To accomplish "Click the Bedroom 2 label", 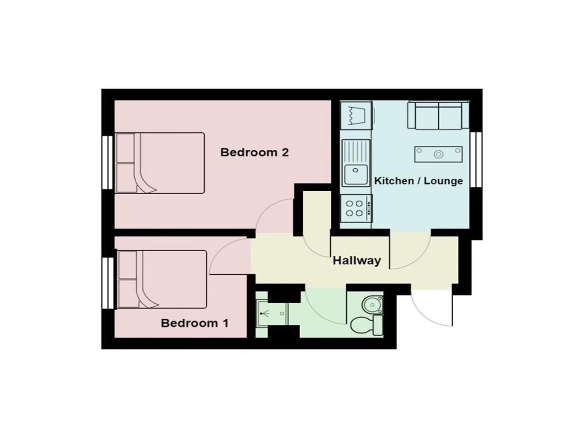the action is pyautogui.click(x=255, y=153).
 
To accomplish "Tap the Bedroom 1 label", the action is pyautogui.click(x=195, y=323).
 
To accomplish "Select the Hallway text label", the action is pyautogui.click(x=357, y=261).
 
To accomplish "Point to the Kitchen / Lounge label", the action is pyautogui.click(x=418, y=181).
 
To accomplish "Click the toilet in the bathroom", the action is pyautogui.click(x=366, y=325).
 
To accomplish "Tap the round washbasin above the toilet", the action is pyautogui.click(x=372, y=305).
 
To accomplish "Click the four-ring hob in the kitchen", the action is pyautogui.click(x=356, y=208).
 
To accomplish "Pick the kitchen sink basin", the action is pyautogui.click(x=355, y=174).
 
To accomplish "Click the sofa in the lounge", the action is pyautogui.click(x=438, y=115).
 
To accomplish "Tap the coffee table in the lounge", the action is pyautogui.click(x=438, y=154).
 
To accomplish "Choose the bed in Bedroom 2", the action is pyautogui.click(x=160, y=163).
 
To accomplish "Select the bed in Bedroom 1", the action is pyautogui.click(x=162, y=279).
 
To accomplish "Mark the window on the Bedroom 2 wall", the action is pyautogui.click(x=108, y=163).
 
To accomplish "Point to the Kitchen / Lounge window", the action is pyautogui.click(x=476, y=160).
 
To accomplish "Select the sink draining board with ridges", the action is pyautogui.click(x=356, y=151).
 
